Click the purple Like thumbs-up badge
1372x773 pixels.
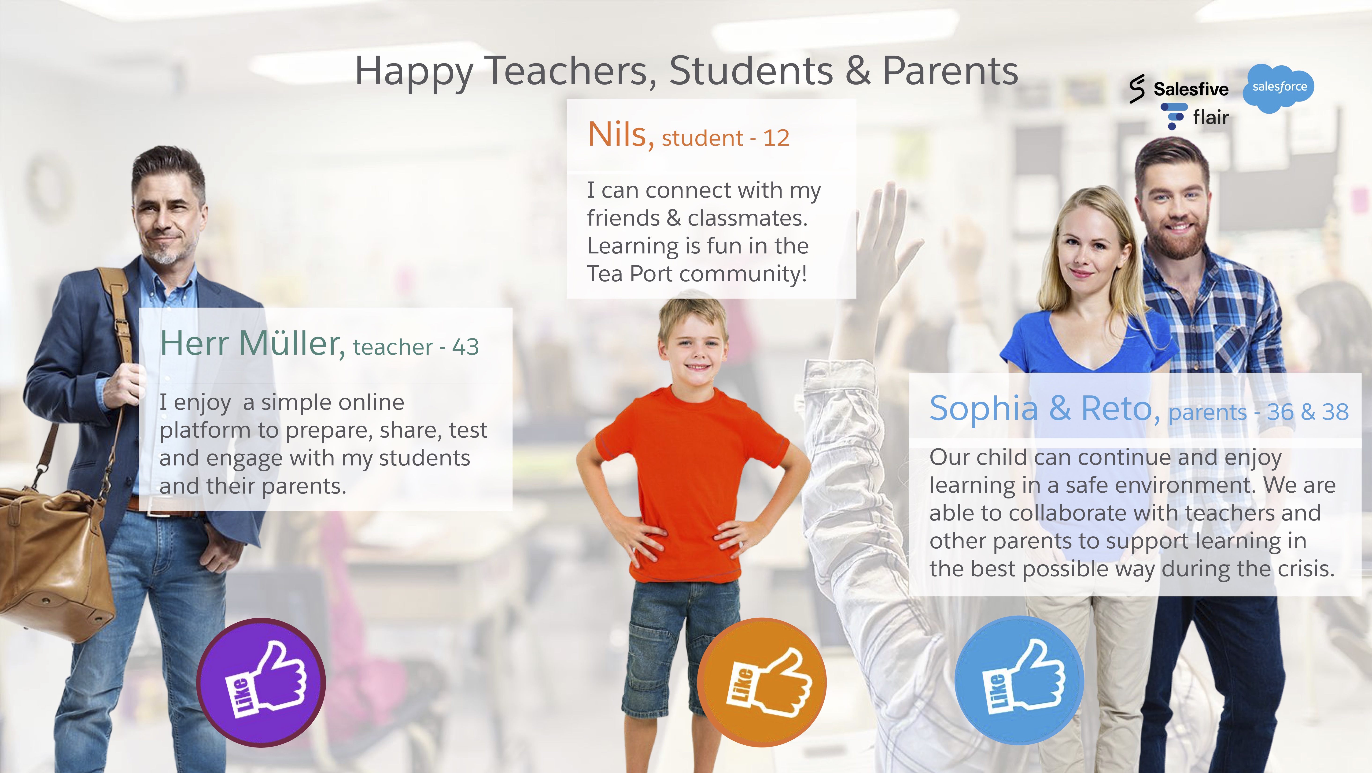click(261, 682)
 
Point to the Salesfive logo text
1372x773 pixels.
click(1191, 89)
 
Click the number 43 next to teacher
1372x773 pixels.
click(465, 347)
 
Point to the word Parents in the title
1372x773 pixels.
click(950, 71)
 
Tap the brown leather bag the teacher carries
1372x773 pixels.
click(53, 559)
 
